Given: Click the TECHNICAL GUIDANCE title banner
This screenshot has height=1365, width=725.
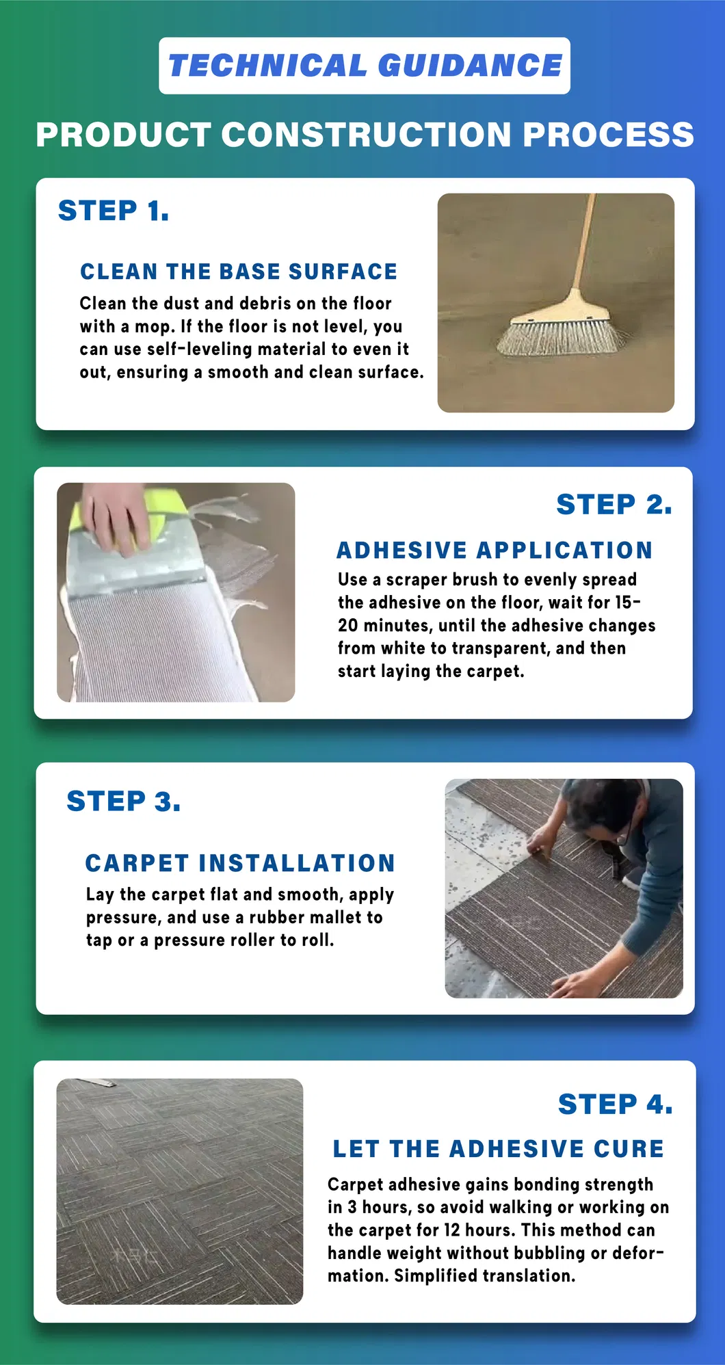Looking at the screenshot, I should [365, 66].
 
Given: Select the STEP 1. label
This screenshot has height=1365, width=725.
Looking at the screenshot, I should [114, 211].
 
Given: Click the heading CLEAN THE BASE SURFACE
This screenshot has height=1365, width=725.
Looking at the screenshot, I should [239, 271].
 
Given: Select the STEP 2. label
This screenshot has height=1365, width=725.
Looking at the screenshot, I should [614, 505].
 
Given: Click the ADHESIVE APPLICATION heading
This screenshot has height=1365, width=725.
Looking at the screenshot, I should [495, 550].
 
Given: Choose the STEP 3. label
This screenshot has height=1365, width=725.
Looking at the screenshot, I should [124, 801].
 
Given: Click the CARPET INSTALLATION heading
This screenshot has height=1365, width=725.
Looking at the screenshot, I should [240, 863].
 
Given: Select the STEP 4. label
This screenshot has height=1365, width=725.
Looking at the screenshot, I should [616, 1104].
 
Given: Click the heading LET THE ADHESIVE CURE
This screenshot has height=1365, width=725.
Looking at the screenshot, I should [499, 1149].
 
